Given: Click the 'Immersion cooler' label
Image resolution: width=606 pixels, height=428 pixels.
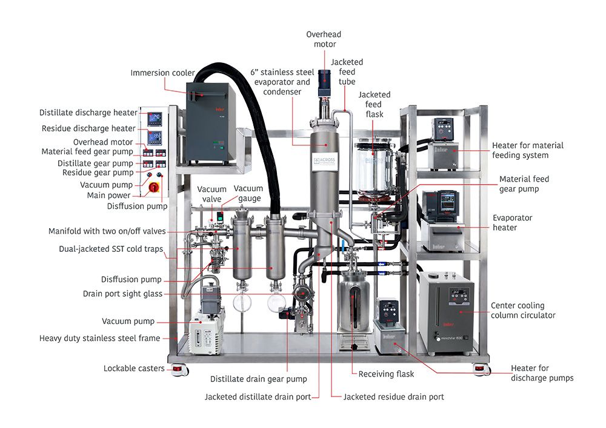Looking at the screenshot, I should tap(162, 73).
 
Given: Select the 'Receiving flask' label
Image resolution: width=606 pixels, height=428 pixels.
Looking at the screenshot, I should tap(386, 374).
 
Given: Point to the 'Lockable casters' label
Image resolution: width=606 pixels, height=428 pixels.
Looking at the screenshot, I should tap(133, 368).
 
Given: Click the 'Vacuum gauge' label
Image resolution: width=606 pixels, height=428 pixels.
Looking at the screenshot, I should tap(248, 194).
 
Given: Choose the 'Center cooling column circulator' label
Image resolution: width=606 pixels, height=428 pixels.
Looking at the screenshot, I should tap(523, 311).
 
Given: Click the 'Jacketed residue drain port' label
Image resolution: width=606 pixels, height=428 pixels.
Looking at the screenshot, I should tap(393, 397).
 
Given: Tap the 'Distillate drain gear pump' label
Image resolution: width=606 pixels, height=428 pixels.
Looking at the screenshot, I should tap(258, 379).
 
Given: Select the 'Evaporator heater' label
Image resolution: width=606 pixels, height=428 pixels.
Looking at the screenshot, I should tap(513, 223).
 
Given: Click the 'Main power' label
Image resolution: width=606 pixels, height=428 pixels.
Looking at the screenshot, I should tap(109, 196).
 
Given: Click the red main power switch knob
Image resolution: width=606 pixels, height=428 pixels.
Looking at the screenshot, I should tap(154, 187).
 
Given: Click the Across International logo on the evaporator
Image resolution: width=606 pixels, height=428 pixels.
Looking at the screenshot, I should tap(324, 162).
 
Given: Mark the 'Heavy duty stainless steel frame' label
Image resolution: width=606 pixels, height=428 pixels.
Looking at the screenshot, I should tap(99, 338).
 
